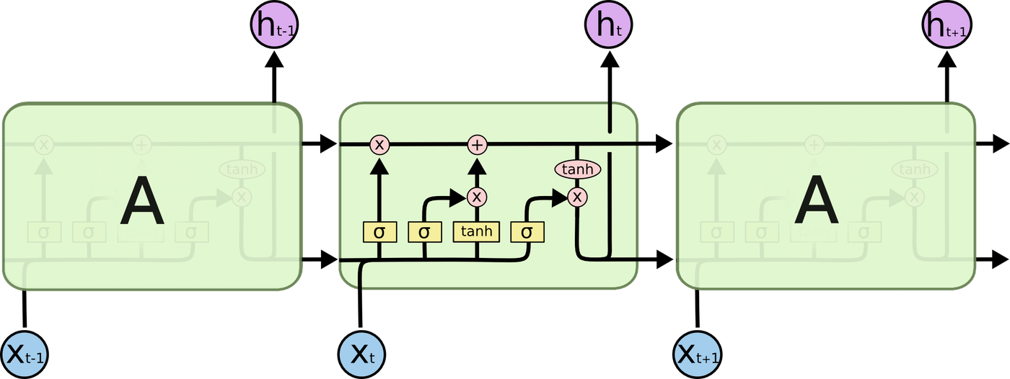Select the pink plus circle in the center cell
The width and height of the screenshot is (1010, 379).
tap(477, 145)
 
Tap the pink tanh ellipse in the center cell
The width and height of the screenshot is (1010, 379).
tap(577, 169)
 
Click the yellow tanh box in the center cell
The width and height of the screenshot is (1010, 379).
tap(476, 231)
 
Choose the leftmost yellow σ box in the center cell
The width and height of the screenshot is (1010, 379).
tap(380, 232)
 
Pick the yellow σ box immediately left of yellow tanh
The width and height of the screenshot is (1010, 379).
tap(425, 232)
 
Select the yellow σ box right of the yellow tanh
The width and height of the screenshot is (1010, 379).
tap(527, 232)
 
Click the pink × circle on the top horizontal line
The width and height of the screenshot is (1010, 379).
tap(380, 145)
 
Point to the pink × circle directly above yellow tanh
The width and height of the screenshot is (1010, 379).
tap(476, 196)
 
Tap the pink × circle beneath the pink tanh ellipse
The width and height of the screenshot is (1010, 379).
tap(576, 196)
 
